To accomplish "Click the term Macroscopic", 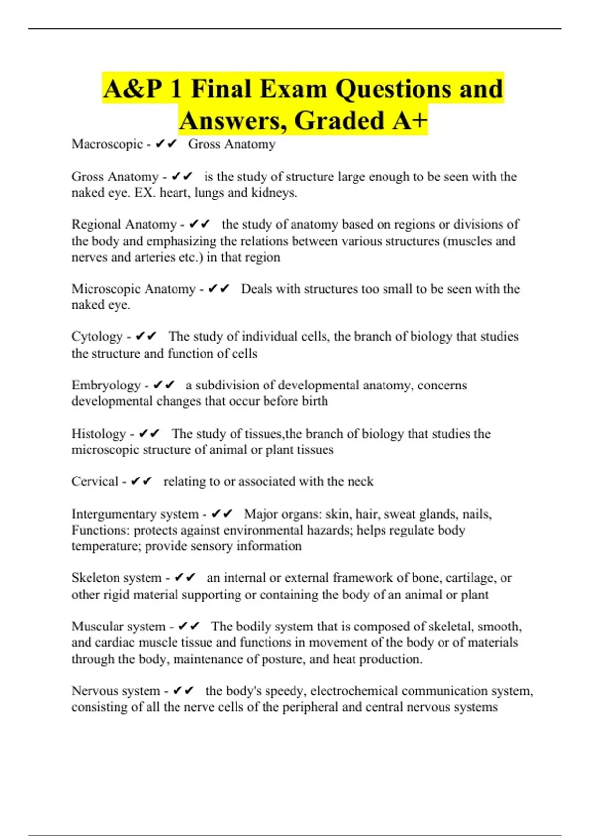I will pyautogui.click(x=107, y=144).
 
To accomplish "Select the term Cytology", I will pyautogui.click(x=97, y=337).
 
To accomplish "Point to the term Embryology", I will pyautogui.click(x=106, y=386).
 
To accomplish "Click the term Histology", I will pyautogui.click(x=99, y=434).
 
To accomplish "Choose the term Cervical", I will pyautogui.click(x=95, y=481).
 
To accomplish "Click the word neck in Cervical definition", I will pyautogui.click(x=360, y=481).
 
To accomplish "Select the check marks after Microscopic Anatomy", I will pyautogui.click(x=219, y=289).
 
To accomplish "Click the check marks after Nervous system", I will pyautogui.click(x=184, y=691).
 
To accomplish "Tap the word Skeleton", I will pyautogui.click(x=91, y=578).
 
